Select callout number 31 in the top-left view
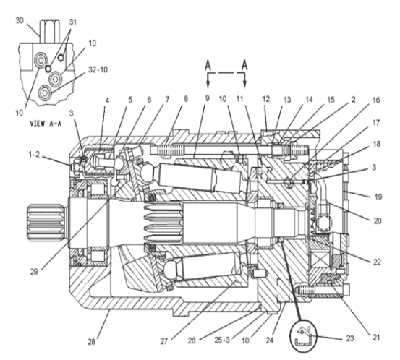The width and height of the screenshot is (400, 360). pos(72,22)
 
